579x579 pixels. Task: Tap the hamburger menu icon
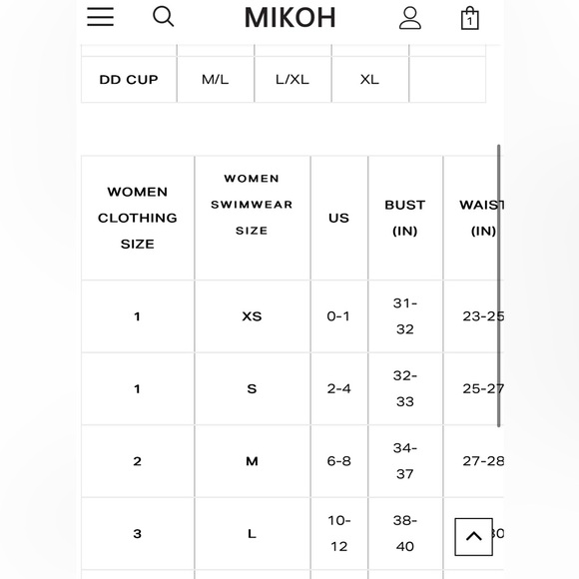(x=100, y=17)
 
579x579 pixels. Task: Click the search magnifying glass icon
(x=163, y=17)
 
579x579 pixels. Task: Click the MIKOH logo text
(x=290, y=18)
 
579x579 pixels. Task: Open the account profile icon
(x=409, y=18)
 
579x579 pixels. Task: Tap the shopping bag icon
(x=469, y=18)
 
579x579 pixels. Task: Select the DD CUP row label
(x=129, y=80)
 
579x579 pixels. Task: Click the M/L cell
(x=216, y=80)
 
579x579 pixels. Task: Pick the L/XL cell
(x=292, y=80)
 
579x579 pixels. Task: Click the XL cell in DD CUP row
(x=369, y=80)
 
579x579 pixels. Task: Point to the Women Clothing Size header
(x=138, y=218)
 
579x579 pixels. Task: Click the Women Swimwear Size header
(x=252, y=205)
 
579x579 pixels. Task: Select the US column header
(x=338, y=218)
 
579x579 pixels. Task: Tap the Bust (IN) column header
(x=405, y=218)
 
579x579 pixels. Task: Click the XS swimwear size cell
(x=252, y=316)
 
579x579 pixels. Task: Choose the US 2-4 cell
(x=338, y=389)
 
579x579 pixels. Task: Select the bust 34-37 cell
(x=405, y=461)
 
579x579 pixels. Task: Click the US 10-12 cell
(x=338, y=533)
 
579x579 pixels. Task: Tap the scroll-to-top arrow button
(x=473, y=536)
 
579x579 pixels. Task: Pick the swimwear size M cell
(x=252, y=461)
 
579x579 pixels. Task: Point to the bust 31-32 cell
(x=405, y=316)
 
